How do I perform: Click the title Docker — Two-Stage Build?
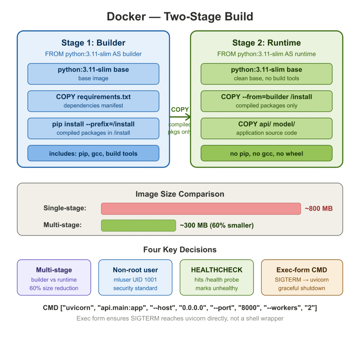pyautogui.click(x=180, y=17)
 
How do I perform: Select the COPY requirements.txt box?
pyautogui.click(x=93, y=101)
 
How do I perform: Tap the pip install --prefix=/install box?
pyautogui.click(x=93, y=129)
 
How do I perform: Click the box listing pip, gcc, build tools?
pyautogui.click(x=93, y=153)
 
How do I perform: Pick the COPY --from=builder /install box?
pyautogui.click(x=266, y=101)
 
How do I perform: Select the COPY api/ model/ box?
pyautogui.click(x=266, y=129)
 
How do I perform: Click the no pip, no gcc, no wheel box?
pyautogui.click(x=266, y=153)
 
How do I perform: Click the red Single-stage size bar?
pyautogui.click(x=201, y=208)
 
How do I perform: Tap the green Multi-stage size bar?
pyautogui.click(x=138, y=225)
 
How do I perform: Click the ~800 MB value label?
pyautogui.click(x=319, y=208)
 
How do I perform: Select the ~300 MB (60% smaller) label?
pyautogui.click(x=217, y=225)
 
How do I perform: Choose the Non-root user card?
pyautogui.click(x=135, y=277)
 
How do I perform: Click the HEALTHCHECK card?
pyautogui.click(x=217, y=277)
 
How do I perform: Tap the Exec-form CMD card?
pyautogui.click(x=302, y=277)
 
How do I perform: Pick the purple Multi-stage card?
pyautogui.click(x=54, y=277)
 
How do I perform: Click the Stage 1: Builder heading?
pyautogui.click(x=93, y=43)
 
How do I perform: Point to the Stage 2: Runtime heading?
pyautogui.click(x=266, y=43)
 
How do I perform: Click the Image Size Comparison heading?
pyautogui.click(x=180, y=194)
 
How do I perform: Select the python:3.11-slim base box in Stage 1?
pyautogui.click(x=93, y=74)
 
